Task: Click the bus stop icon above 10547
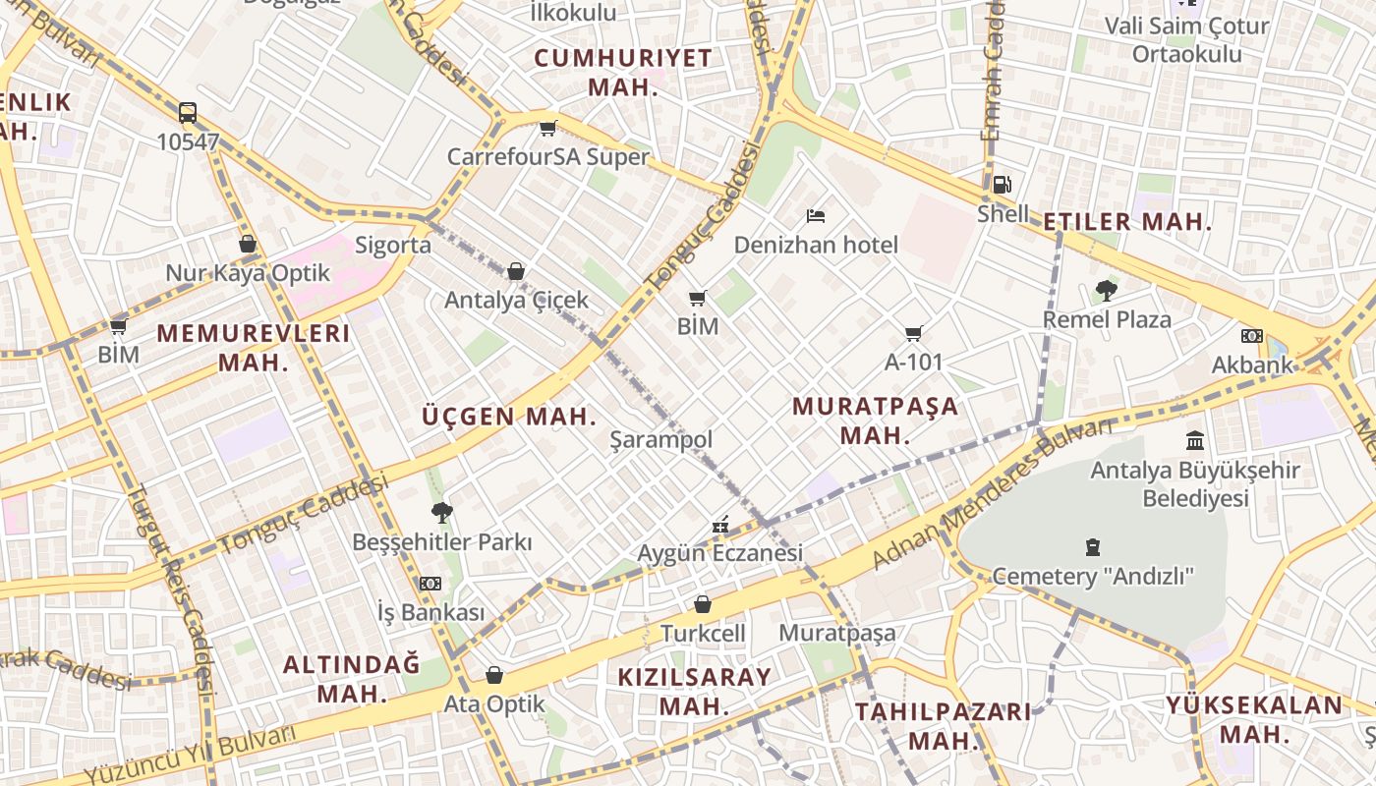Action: (x=188, y=112)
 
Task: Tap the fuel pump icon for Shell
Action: (x=1002, y=184)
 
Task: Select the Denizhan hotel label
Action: (x=816, y=245)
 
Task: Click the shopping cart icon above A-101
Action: (x=914, y=334)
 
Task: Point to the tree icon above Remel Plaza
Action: (x=1106, y=290)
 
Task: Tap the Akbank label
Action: (x=1252, y=365)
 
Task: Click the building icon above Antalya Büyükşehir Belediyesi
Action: (x=1195, y=440)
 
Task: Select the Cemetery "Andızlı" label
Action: (x=1093, y=576)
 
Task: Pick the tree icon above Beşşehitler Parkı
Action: (x=441, y=512)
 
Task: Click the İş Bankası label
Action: (x=430, y=612)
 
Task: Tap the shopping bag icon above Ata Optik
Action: (x=494, y=675)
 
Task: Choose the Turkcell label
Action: (x=703, y=634)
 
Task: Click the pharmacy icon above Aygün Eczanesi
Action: (x=720, y=525)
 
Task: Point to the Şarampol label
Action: (x=661, y=439)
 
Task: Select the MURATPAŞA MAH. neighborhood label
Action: (x=875, y=421)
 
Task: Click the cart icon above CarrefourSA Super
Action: (x=548, y=128)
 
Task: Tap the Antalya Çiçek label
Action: (x=516, y=300)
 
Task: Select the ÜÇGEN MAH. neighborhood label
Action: (x=509, y=416)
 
